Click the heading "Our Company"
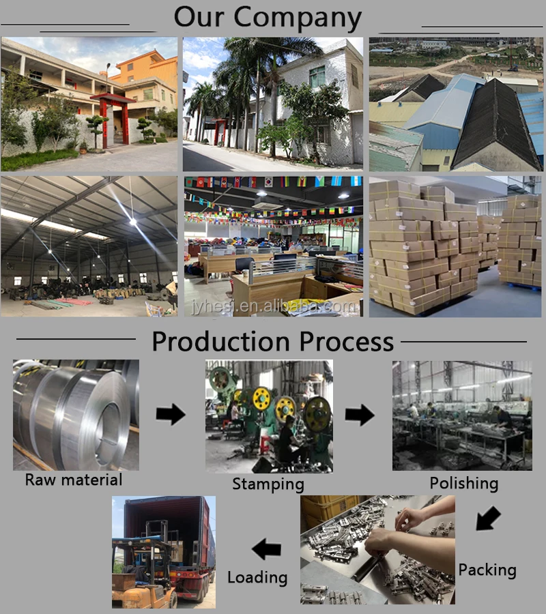click(x=267, y=17)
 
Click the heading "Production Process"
click(x=272, y=341)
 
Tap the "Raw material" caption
click(x=74, y=480)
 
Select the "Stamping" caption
click(x=268, y=484)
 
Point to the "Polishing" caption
click(x=463, y=484)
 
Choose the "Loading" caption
click(x=257, y=577)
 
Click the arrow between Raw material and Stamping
click(x=170, y=414)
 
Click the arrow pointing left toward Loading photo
click(x=266, y=549)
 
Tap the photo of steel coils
click(x=75, y=414)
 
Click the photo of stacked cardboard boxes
click(x=456, y=246)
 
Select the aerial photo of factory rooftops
click(x=456, y=104)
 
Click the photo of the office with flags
click(x=273, y=246)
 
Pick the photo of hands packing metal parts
click(x=377, y=550)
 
